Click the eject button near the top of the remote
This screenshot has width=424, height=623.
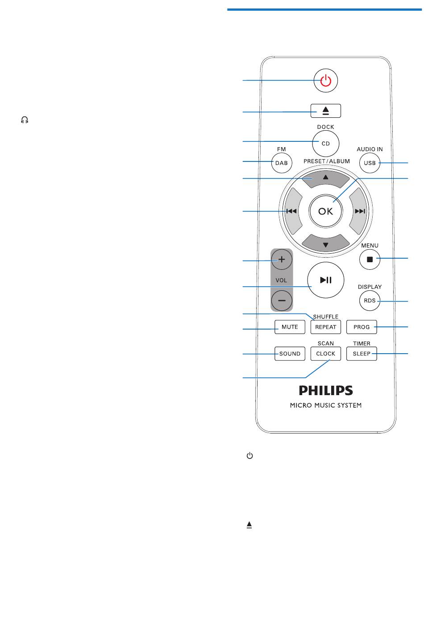pos(325,111)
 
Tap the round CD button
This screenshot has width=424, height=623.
pos(325,144)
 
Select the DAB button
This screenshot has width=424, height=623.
pos(282,163)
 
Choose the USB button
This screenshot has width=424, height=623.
pos(370,163)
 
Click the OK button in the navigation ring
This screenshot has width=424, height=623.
pos(325,211)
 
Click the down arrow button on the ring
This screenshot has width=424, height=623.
pos(325,243)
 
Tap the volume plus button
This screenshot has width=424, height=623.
pos(282,260)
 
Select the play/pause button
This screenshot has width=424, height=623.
pos(325,280)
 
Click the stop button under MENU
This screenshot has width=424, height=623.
pos(370,259)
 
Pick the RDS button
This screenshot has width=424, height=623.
pos(370,301)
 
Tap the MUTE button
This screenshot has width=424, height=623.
pos(290,327)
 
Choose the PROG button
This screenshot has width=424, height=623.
pos(362,327)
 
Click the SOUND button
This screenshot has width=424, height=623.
pos(290,354)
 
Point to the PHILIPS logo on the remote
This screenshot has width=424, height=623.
pos(326,390)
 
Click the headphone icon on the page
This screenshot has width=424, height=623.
pos(25,120)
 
